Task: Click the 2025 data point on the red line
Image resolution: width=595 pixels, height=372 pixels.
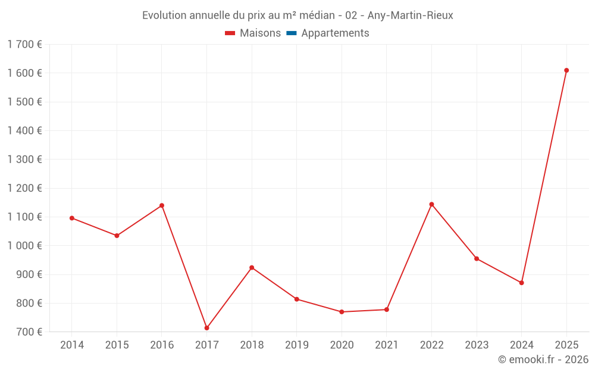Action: pos(566,70)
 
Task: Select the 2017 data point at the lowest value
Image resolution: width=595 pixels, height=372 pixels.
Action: pos(206,328)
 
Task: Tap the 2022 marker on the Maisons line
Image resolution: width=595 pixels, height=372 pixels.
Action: pos(431,204)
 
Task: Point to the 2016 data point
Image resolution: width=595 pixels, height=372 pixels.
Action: pos(162,205)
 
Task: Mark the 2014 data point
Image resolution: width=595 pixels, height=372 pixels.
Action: pos(72,218)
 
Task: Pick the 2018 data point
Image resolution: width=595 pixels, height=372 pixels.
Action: pos(252,267)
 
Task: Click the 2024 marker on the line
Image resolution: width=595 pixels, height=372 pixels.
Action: pos(521,283)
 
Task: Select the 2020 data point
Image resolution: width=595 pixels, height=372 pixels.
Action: pos(342,312)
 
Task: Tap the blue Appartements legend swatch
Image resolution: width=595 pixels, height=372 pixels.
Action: pos(291,33)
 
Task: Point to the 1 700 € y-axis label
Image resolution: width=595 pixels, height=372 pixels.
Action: pos(24,44)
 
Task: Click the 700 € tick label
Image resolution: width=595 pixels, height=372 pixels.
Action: pos(29,332)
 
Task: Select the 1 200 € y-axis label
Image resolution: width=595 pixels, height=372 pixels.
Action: pos(24,188)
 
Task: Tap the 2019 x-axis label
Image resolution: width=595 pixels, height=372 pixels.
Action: pos(296,345)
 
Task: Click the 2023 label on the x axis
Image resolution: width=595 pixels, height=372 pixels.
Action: pos(477,345)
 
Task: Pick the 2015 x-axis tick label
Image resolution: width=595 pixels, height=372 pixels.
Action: pos(117,345)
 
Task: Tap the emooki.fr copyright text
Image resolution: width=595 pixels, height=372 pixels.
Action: pos(543,360)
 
